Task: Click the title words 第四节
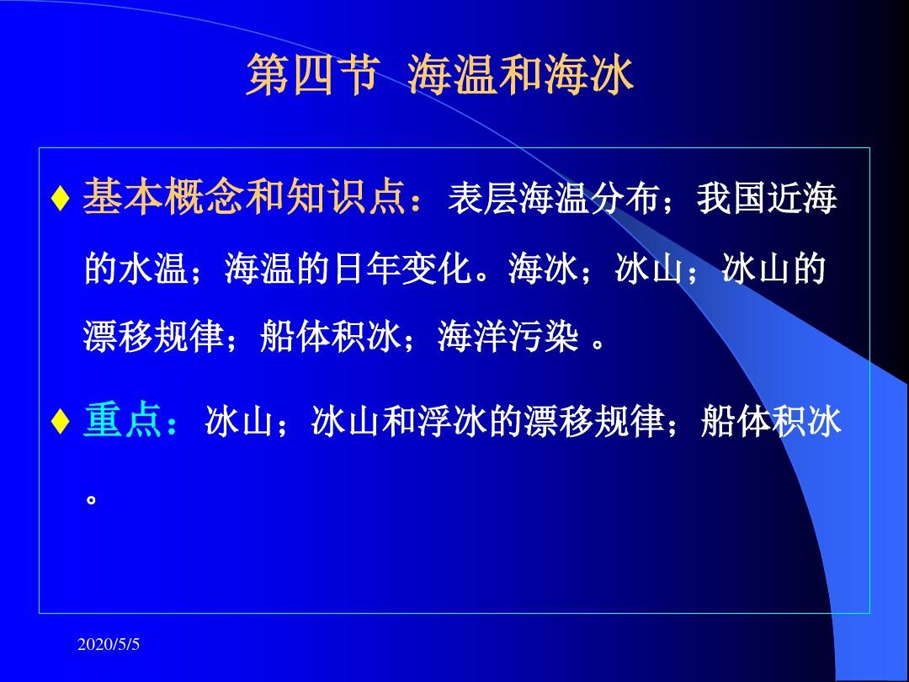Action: point(313,76)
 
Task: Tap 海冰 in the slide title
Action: point(587,76)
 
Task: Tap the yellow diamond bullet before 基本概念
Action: point(61,199)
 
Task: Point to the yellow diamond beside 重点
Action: point(61,422)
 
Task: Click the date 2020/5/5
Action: point(109,644)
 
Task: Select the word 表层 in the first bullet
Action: point(482,198)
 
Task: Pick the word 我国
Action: point(731,198)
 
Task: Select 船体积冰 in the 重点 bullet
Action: point(770,421)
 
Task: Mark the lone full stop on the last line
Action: point(91,498)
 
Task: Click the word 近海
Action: point(802,198)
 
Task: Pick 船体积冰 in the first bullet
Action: point(331,336)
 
